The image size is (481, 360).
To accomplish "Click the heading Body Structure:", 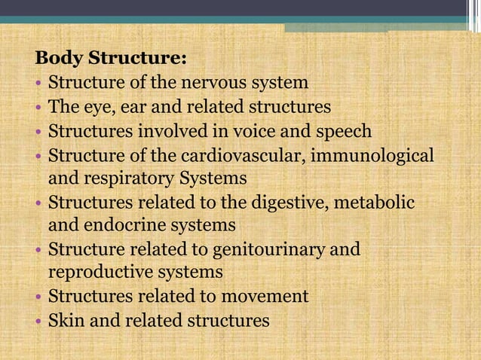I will (x=111, y=58).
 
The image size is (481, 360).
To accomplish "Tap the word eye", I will (x=91, y=107).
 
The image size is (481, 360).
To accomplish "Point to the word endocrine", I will (x=119, y=224).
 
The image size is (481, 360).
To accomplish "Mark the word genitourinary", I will (x=263, y=249).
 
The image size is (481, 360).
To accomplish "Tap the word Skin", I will (x=63, y=320).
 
